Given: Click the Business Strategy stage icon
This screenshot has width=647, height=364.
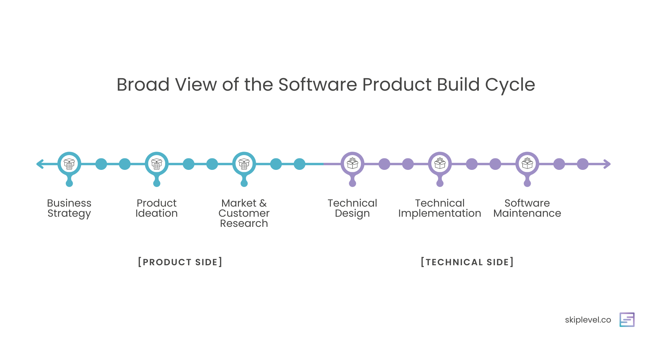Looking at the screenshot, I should click(69, 164).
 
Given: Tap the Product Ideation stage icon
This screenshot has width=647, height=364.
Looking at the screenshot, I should click(157, 164).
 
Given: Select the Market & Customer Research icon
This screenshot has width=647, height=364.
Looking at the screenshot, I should click(244, 164).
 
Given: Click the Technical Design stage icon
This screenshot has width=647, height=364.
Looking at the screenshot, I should click(352, 164).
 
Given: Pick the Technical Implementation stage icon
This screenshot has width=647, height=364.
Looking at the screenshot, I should click(440, 164).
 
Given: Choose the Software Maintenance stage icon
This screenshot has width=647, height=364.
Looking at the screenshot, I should click(527, 164).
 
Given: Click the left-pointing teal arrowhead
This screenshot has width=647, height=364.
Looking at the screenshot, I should click(40, 164).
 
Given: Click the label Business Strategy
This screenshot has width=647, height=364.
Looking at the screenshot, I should click(69, 208).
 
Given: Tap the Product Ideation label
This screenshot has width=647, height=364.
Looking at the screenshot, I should click(157, 208).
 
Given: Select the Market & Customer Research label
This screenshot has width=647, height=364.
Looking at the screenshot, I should click(244, 213).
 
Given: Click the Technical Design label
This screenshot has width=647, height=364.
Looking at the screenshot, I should click(352, 208).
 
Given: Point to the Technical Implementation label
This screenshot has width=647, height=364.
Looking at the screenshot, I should click(440, 208).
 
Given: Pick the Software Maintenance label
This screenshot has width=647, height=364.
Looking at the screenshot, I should click(527, 208).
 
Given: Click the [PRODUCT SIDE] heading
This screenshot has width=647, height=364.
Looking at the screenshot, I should click(180, 262).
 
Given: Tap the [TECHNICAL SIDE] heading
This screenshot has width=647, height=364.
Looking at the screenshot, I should click(467, 262).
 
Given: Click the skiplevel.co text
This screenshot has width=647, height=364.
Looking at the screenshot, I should click(588, 320).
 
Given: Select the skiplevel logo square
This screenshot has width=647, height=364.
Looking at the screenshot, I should click(627, 320).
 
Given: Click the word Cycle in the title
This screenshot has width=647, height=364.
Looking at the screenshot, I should click(510, 85).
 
